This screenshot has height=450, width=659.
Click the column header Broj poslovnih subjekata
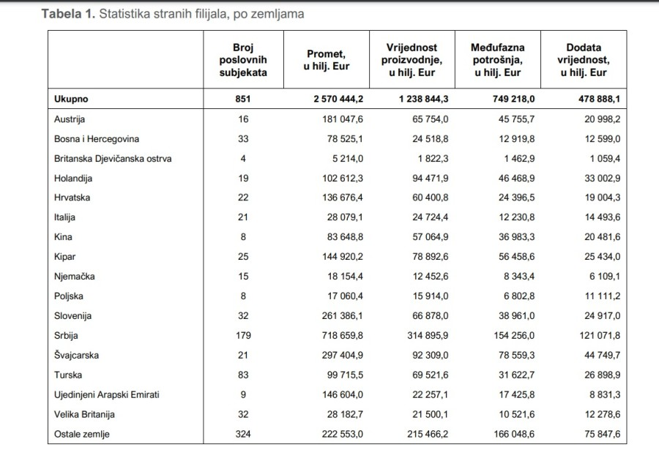click(x=243, y=60)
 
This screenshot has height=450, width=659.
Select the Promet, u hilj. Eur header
click(x=327, y=60)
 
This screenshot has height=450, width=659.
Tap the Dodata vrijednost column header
click(x=584, y=60)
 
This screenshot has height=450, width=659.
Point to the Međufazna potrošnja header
click(x=498, y=60)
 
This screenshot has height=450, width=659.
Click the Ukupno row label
click(x=71, y=100)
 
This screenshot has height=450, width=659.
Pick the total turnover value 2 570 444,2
click(x=338, y=100)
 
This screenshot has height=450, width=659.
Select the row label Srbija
click(x=66, y=336)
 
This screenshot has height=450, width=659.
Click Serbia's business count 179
click(x=243, y=336)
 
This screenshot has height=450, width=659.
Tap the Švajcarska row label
click(x=76, y=356)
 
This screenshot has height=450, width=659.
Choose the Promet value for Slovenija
click(x=343, y=316)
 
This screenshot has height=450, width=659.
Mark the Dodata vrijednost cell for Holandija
click(x=603, y=178)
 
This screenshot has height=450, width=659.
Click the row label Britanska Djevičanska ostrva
click(x=113, y=159)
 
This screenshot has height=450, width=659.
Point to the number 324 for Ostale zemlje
click(x=243, y=434)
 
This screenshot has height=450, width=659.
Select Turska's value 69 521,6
click(x=431, y=375)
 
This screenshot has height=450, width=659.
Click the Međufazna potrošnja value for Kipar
click(x=516, y=257)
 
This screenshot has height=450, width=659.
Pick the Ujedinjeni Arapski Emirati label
click(x=107, y=395)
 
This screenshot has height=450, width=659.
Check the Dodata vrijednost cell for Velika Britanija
click(x=603, y=414)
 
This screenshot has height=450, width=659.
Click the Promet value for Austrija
click(x=343, y=119)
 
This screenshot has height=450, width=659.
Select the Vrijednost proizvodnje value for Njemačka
click(x=431, y=277)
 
